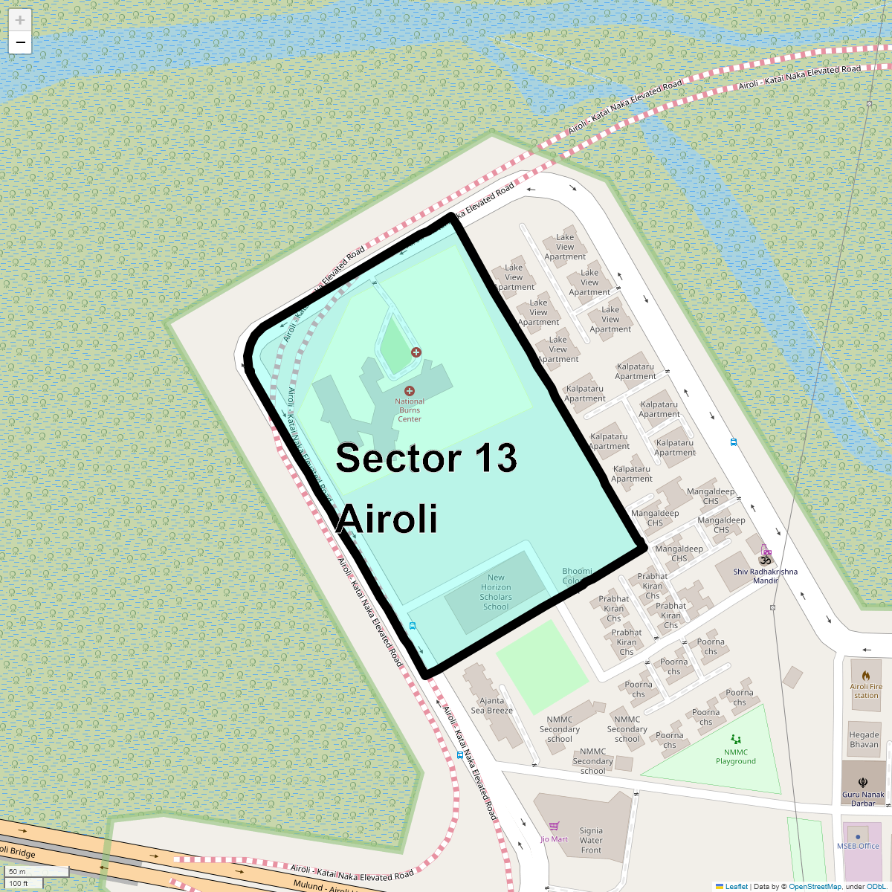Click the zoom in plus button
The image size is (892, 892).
(20, 20)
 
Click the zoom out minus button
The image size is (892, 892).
(20, 43)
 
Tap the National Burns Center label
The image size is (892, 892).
(410, 410)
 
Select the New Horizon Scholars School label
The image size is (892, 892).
(496, 592)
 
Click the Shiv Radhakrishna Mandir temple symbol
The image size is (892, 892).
(765, 560)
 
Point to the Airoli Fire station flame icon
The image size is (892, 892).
(866, 676)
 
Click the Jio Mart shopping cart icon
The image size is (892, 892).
(554, 826)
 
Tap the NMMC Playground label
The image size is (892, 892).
(736, 757)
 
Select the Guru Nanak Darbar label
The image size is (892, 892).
(863, 798)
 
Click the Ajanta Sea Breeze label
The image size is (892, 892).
(492, 705)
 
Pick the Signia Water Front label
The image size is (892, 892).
(592, 840)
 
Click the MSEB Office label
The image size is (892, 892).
(858, 846)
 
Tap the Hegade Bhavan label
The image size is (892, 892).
(864, 740)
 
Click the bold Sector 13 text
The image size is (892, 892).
(426, 458)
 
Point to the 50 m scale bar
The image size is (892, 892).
(37, 871)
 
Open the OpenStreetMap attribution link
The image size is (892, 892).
(815, 886)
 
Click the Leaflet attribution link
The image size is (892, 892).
(736, 886)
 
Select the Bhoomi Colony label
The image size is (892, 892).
(577, 576)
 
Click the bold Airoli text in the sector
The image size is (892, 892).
(387, 518)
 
